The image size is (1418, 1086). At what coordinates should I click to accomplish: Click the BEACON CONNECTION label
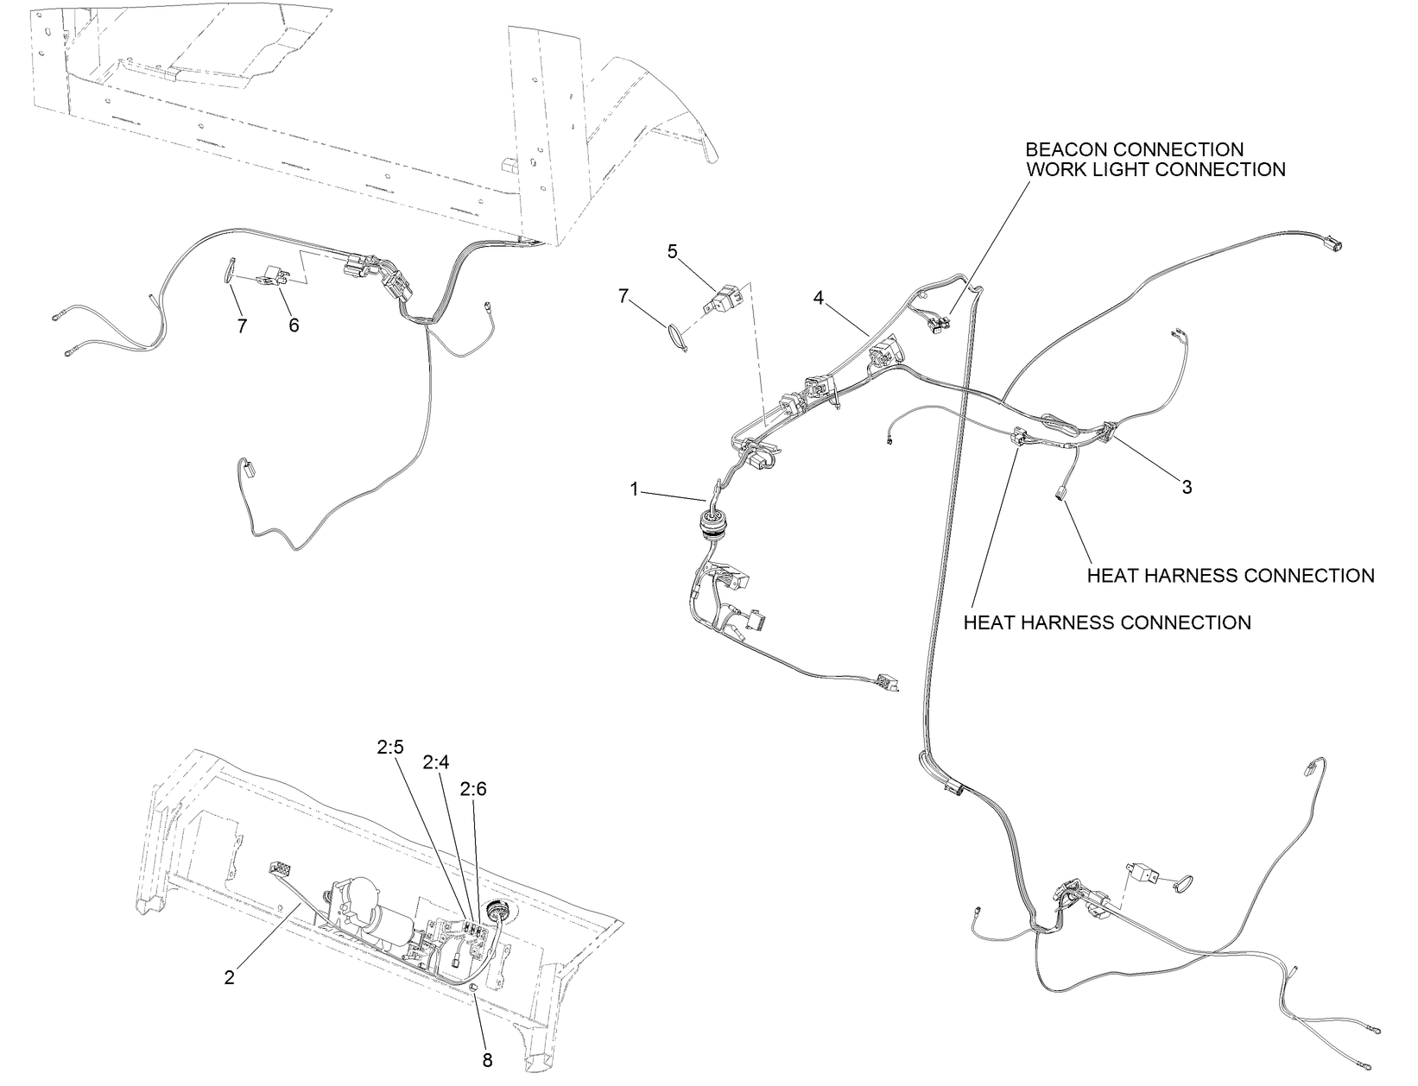coord(1134,149)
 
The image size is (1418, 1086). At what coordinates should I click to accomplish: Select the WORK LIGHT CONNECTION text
coord(1155,169)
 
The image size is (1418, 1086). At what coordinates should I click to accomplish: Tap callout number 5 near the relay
coord(672,252)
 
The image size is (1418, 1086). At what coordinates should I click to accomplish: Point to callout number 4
coord(819,299)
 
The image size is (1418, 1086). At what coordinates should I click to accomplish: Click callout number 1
coord(634,489)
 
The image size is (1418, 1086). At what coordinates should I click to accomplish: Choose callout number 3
coord(1187,487)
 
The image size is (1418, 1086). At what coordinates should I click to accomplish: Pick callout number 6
coord(294,325)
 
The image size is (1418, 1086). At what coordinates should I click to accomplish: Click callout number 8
coord(487,1061)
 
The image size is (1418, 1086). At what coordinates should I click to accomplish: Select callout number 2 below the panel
coord(229,978)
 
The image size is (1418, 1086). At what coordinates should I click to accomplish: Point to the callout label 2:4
coord(435,761)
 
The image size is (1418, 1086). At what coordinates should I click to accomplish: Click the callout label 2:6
coord(473,789)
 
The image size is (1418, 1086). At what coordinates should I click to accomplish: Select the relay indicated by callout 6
coord(274,276)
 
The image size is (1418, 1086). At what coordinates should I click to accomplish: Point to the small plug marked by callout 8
coord(474,1005)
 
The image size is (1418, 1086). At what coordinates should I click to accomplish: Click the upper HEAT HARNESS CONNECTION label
coord(1231,575)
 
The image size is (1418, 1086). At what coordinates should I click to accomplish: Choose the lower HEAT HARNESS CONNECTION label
coord(1107,622)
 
